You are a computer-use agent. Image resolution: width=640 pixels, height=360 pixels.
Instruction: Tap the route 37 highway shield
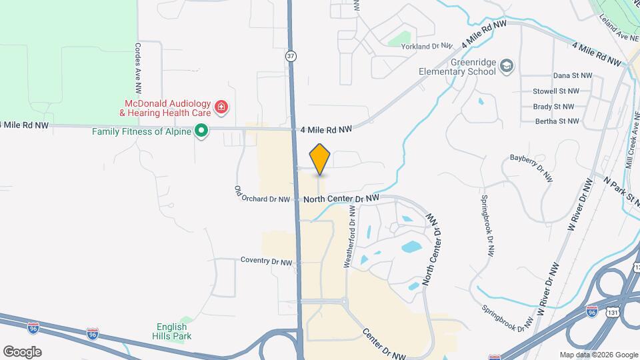(x=291, y=56)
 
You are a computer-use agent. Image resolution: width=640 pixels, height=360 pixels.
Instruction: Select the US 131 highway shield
(x=612, y=311)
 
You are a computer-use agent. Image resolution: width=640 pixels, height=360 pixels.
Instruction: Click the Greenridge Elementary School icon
(x=507, y=65)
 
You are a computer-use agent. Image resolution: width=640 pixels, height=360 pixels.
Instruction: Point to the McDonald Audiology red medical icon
(x=221, y=107)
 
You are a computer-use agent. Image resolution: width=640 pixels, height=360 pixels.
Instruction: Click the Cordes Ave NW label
(x=138, y=68)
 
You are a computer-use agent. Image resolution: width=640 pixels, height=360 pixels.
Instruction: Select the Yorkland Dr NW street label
(x=427, y=46)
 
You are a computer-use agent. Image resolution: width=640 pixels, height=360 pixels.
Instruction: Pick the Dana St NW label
(x=573, y=76)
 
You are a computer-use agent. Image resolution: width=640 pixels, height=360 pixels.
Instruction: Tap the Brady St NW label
(x=553, y=107)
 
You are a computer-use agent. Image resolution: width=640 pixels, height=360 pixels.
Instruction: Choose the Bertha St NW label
(x=557, y=121)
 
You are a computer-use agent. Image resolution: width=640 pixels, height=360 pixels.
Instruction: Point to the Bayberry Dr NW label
(x=531, y=167)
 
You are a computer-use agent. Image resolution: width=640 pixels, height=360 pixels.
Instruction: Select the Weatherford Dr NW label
(x=349, y=237)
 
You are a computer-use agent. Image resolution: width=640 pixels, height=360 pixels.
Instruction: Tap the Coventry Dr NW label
(x=267, y=262)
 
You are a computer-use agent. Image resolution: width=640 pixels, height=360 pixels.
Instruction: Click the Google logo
(x=22, y=351)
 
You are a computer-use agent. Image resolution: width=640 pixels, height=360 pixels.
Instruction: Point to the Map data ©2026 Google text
(x=598, y=355)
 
